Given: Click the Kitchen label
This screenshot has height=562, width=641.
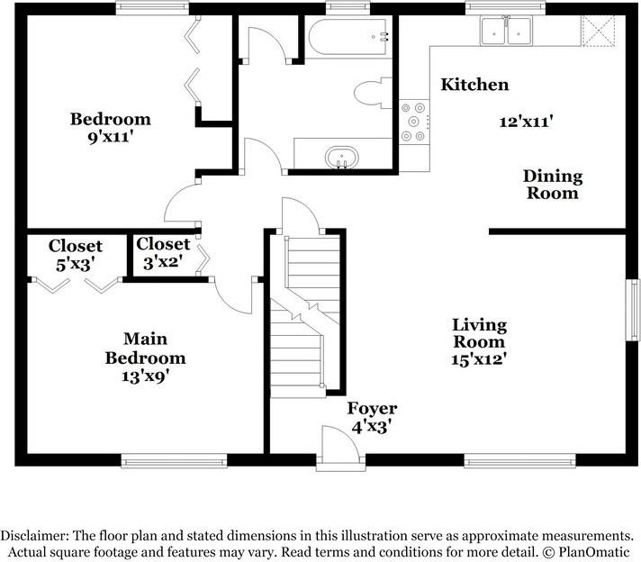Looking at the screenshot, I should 474,85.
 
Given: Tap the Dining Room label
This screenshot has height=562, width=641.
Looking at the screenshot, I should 553,184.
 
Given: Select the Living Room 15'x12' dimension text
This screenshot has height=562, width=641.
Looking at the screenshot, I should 479,358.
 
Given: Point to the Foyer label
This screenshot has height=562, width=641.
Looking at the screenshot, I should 372,409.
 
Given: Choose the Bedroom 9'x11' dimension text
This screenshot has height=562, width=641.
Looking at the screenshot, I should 111,137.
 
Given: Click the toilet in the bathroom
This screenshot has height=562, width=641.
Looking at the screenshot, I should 375,94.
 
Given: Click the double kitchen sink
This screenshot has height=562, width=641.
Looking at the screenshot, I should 507,32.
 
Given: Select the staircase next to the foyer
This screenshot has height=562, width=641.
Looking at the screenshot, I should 306,315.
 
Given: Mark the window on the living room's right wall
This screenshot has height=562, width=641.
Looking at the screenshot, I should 634,310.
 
